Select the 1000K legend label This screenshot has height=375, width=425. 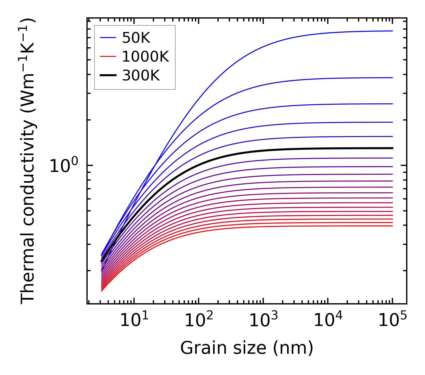pyautogui.click(x=145, y=57)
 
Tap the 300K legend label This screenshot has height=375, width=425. pyautogui.click(x=141, y=76)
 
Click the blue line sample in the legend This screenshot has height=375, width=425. pyautogui.click(x=108, y=38)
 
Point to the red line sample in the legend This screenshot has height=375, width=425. pyautogui.click(x=108, y=57)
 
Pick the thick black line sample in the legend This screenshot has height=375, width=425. pyautogui.click(x=108, y=76)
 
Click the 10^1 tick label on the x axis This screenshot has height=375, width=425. pyautogui.click(x=134, y=321)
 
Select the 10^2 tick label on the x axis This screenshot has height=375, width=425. pyautogui.click(x=199, y=321)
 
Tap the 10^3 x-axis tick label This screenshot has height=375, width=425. pyautogui.click(x=263, y=321)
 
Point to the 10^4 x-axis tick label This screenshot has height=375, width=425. pyautogui.click(x=328, y=321)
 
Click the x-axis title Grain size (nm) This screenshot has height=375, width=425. pyautogui.click(x=247, y=348)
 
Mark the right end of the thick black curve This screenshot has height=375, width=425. pyautogui.click(x=392, y=148)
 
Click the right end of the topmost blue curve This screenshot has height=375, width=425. pyautogui.click(x=392, y=31)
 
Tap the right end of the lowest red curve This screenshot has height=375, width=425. pyautogui.click(x=392, y=226)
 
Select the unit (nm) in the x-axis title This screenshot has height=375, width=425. pyautogui.click(x=293, y=348)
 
